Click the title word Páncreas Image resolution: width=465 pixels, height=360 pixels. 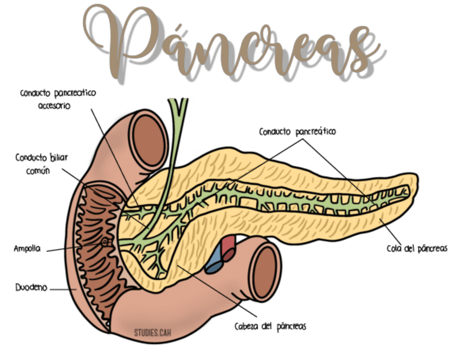[x=234, y=43]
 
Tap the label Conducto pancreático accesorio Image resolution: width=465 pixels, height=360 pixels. [x=58, y=99]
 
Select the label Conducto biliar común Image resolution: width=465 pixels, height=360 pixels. [x=41, y=164]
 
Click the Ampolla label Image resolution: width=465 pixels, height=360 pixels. [x=27, y=249]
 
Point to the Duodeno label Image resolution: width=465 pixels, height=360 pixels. [x=31, y=288]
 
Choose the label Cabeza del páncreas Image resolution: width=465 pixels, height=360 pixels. [x=270, y=327]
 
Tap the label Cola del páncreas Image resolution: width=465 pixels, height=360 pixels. [x=417, y=249]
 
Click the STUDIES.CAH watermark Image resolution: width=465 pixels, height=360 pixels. [x=152, y=333]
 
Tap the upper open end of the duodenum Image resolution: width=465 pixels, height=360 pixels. [x=148, y=140]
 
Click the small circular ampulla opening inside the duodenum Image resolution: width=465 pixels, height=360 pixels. [x=105, y=243]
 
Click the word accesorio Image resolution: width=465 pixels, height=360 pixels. [x=54, y=106]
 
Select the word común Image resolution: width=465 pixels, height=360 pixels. [x=38, y=171]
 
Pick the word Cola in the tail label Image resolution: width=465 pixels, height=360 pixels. [x=394, y=249]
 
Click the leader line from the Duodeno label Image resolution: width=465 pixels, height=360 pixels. [x=63, y=289]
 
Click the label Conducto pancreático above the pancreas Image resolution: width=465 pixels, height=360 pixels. [x=297, y=132]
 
